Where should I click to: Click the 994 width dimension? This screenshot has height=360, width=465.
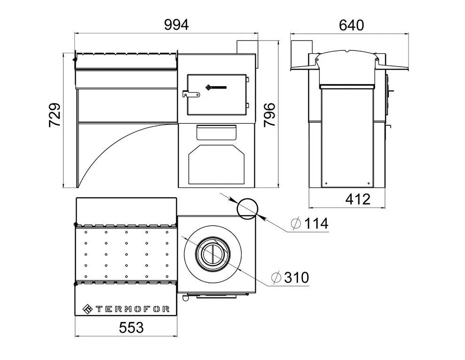pyautogui.click(x=176, y=25)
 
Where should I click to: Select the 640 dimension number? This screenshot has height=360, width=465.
pyautogui.click(x=351, y=25)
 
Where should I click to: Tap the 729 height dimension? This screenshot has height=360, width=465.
pyautogui.click(x=55, y=115)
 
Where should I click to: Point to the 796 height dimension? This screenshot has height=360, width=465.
pyautogui.click(x=270, y=115)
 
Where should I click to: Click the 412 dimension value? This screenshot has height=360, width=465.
pyautogui.click(x=358, y=199)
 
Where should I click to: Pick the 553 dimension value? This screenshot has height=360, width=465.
pyautogui.click(x=131, y=328)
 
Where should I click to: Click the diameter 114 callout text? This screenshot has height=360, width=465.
pyautogui.click(x=310, y=224)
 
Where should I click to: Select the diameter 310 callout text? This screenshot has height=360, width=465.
pyautogui.click(x=290, y=278)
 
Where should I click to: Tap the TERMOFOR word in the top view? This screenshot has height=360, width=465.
pyautogui.click(x=133, y=309)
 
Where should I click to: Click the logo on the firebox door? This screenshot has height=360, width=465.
pyautogui.click(x=216, y=87)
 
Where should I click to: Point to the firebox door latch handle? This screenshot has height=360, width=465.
pyautogui.click(x=191, y=95)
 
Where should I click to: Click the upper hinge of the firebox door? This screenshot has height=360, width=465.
pyautogui.click(x=247, y=79)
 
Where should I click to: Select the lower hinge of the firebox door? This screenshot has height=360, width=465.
pyautogui.click(x=247, y=105)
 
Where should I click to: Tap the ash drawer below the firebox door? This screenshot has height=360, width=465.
pyautogui.click(x=216, y=132)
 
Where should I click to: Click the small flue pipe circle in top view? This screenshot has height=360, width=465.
pyautogui.click(x=247, y=208)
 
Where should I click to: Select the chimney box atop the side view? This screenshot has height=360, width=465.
pyautogui.click(x=301, y=53)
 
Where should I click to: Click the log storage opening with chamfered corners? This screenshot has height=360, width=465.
pyautogui.click(x=216, y=164)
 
